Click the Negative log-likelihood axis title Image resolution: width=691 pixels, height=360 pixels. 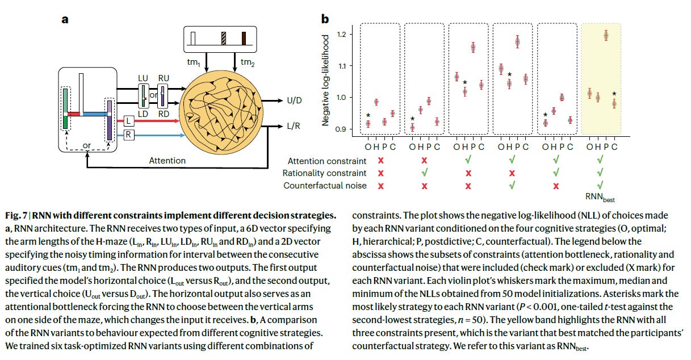point(326,82)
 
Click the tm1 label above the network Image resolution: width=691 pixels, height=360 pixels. point(202,61)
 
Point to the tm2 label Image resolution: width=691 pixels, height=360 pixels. point(248,61)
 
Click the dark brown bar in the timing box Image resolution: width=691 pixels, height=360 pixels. point(244,38)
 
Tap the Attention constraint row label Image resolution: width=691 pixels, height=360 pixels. point(327,161)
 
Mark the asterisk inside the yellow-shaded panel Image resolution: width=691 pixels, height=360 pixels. point(614,94)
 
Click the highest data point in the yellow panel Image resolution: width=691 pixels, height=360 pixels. point(606,36)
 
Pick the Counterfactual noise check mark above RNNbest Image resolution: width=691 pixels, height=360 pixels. point(601,185)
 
